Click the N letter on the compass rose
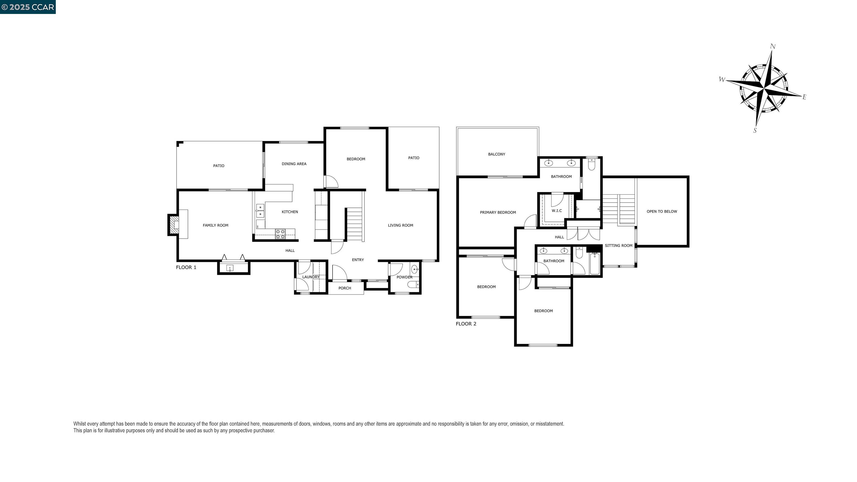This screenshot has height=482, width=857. [x=773, y=47]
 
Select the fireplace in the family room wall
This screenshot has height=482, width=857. [x=173, y=225]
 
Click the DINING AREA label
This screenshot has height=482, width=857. [x=294, y=164]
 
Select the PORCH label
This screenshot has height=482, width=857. [x=345, y=288]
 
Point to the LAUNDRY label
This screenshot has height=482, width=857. [x=310, y=277]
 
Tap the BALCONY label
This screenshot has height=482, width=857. [x=496, y=154]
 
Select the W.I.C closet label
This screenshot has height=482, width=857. [x=557, y=211]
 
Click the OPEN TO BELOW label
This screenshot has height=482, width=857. [x=662, y=211]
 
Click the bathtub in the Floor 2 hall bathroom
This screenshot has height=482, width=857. [x=594, y=264]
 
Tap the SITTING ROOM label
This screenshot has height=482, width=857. [x=618, y=246]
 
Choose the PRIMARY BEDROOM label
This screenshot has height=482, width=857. [x=498, y=213]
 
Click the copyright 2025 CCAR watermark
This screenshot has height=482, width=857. [x=28, y=7]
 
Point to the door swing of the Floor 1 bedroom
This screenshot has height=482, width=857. [x=331, y=182]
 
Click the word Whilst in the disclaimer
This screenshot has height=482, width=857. [x=80, y=424]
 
